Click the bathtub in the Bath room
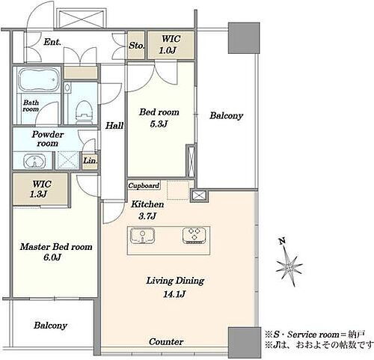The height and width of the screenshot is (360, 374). (x=39, y=79)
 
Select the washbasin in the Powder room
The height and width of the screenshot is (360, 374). (x=34, y=160)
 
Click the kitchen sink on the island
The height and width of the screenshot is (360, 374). (x=142, y=235)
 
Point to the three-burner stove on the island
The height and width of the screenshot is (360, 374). (x=194, y=235)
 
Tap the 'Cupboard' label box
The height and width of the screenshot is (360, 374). (x=144, y=186)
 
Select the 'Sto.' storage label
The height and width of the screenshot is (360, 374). (x=136, y=46)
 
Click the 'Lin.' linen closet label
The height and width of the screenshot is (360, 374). (x=90, y=160)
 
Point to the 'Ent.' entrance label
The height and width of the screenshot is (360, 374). (x=52, y=42)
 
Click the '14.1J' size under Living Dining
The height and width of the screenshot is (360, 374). (x=174, y=294)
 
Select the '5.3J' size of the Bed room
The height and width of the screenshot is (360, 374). (x=159, y=123)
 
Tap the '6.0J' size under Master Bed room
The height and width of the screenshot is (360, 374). (x=52, y=257)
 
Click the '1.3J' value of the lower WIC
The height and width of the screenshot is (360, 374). (x=39, y=194)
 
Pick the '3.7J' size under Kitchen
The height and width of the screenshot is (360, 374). (x=147, y=216)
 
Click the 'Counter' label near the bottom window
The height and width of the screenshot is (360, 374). (x=166, y=341)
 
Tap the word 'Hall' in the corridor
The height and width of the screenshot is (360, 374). (x=114, y=126)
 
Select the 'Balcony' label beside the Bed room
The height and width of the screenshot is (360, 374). (x=226, y=115)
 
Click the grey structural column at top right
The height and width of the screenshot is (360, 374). (x=244, y=38)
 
